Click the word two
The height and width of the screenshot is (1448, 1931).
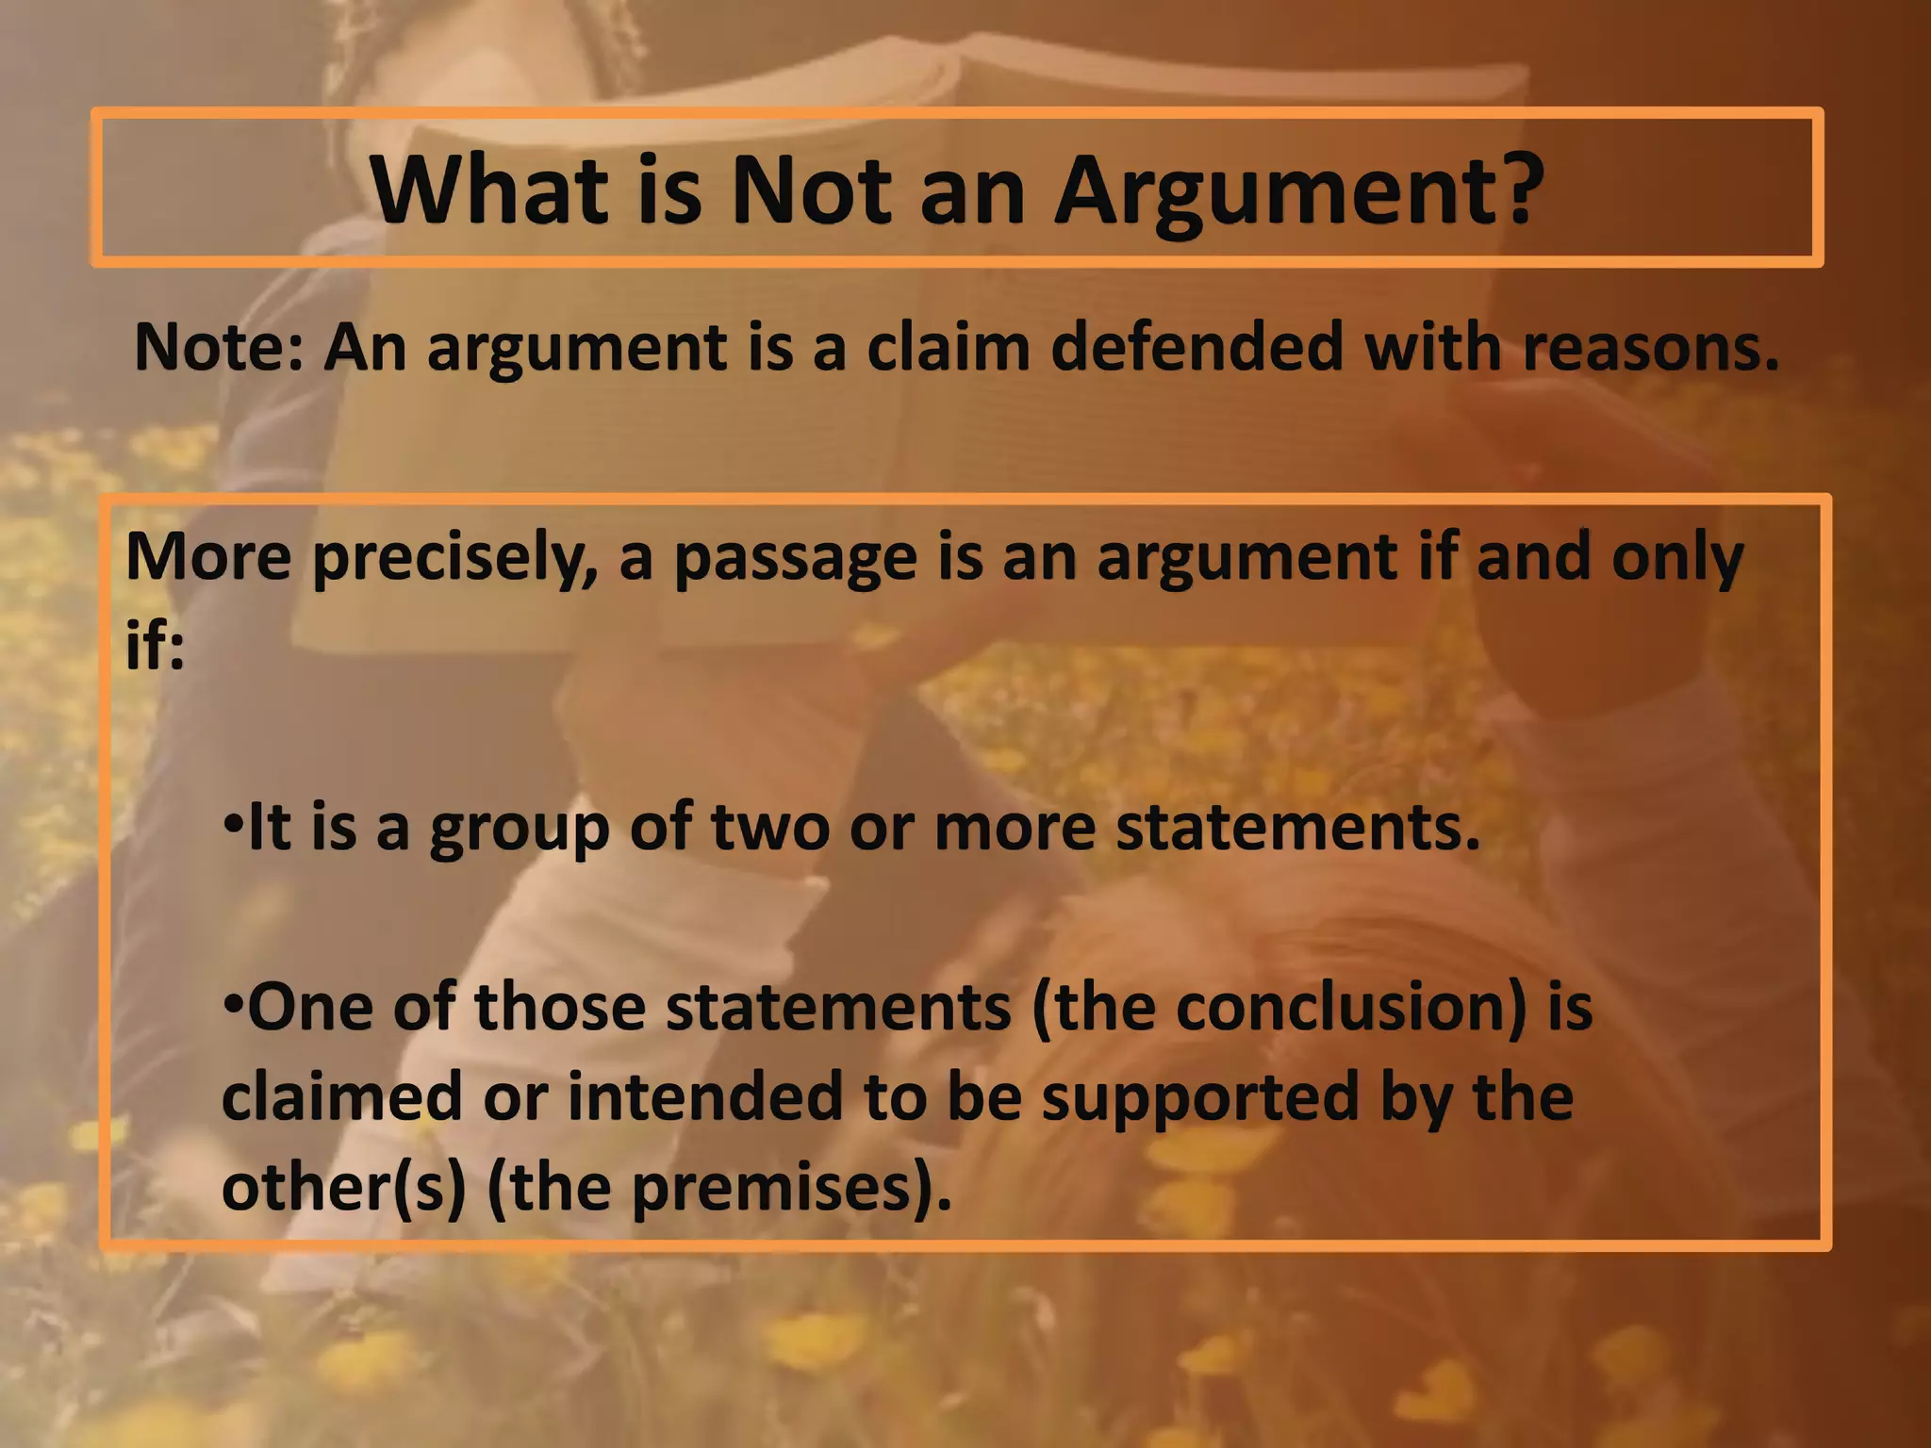pos(770,828)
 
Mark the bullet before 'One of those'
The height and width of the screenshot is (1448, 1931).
pos(233,1001)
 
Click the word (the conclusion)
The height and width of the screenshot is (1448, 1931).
pos(1279,1007)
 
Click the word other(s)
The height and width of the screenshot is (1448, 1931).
pos(343,1187)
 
